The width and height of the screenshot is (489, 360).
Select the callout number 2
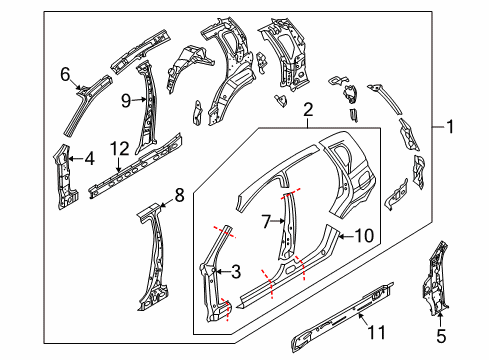[309, 109]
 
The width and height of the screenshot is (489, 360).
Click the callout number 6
[65, 73]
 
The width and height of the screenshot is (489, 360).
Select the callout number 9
[126, 99]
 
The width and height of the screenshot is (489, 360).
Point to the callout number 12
[119, 149]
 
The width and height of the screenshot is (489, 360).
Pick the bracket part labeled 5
[436, 285]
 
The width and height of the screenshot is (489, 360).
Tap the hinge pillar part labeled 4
[66, 178]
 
